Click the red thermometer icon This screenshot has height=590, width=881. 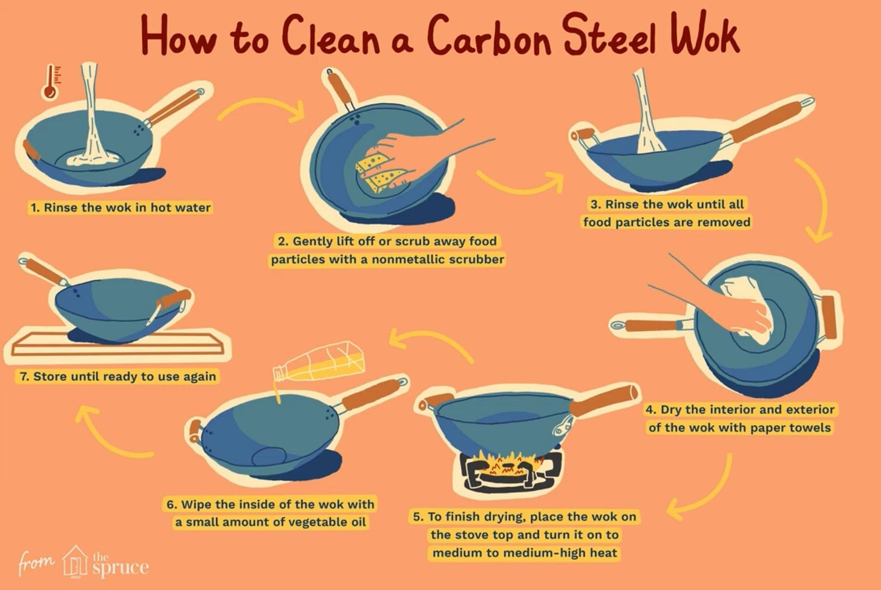[50, 82]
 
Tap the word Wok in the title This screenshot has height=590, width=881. [705, 34]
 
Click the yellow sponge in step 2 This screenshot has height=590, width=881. [380, 172]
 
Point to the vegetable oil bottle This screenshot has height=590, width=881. [319, 361]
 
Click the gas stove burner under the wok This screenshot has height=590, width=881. [511, 471]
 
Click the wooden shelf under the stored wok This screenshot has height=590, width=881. [117, 344]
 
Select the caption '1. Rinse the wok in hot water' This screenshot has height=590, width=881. [121, 207]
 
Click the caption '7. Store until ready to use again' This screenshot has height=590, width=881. [117, 377]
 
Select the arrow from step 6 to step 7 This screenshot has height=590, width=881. [110, 434]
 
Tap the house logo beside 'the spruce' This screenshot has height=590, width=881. [75, 562]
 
